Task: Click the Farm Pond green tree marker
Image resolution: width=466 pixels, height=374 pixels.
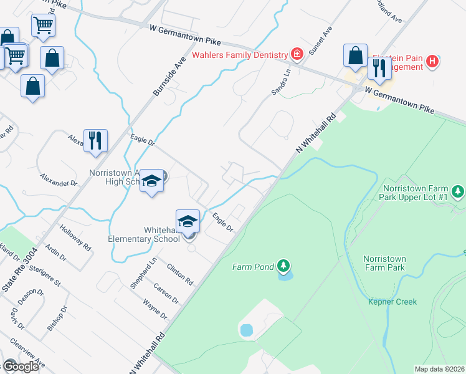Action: pos(283,267)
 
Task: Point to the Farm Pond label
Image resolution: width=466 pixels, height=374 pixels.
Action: pos(253,267)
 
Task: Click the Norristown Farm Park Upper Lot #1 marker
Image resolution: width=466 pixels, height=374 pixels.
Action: pos(459,191)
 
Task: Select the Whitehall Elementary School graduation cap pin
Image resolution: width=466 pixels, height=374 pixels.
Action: pos(188,222)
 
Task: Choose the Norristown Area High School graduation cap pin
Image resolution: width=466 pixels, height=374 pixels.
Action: pos(151,181)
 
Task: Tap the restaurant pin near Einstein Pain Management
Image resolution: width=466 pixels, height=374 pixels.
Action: pos(379,68)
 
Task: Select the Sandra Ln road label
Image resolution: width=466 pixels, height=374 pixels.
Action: pos(281,82)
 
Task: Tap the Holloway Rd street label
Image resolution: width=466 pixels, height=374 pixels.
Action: pos(75,237)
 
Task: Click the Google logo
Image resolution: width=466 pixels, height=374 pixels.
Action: pos(21,367)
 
